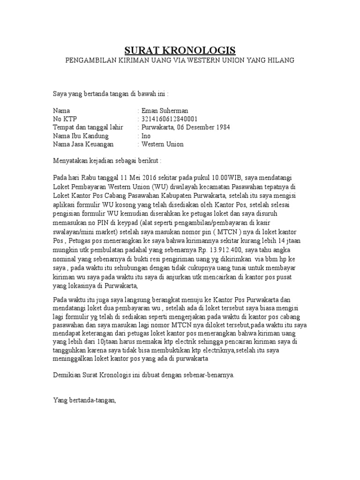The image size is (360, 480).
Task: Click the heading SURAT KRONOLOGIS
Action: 180,50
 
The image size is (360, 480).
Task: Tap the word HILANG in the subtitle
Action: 281,60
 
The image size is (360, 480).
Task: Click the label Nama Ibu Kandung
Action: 81,136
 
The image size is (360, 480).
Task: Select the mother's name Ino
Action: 146,136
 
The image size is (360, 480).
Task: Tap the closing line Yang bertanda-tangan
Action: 84,401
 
